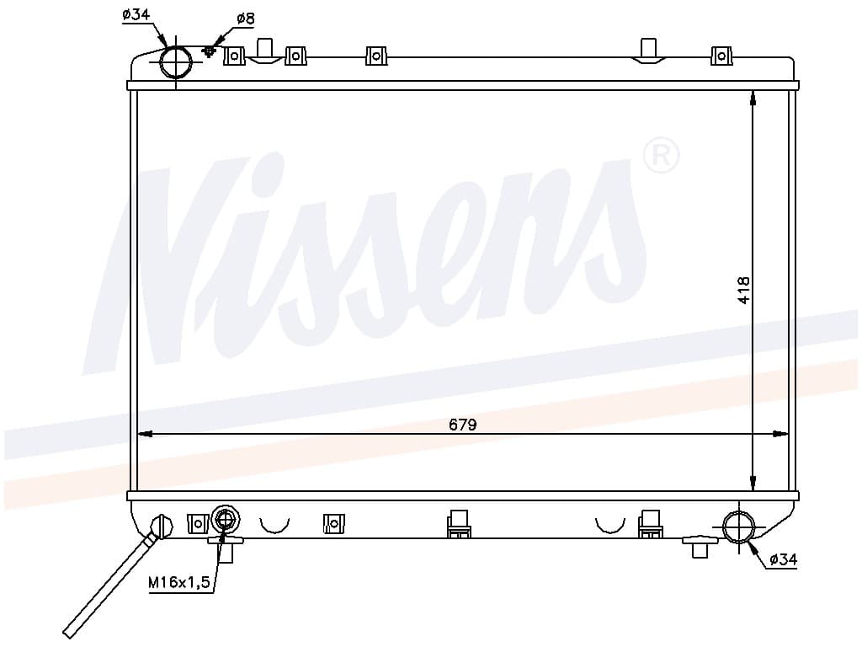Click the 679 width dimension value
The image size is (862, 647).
pyautogui.click(x=462, y=425)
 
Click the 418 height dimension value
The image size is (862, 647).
pyautogui.click(x=743, y=290)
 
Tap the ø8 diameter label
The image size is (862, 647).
pyautogui.click(x=246, y=19)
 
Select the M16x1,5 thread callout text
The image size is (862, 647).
pyautogui.click(x=179, y=582)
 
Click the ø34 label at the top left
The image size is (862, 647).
pyautogui.click(x=136, y=14)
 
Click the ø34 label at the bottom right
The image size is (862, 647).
pyautogui.click(x=783, y=560)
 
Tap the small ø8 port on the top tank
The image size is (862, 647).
pyautogui.click(x=210, y=51)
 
